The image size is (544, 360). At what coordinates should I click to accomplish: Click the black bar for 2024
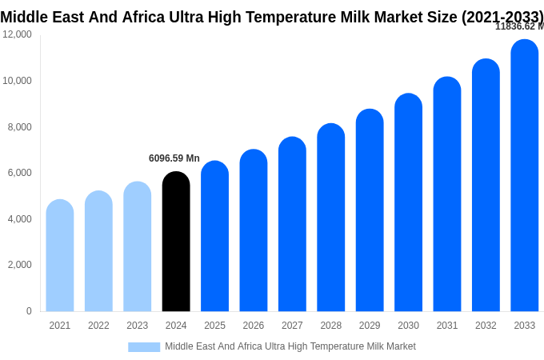click(x=176, y=242)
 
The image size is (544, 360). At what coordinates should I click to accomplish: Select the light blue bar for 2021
click(x=60, y=256)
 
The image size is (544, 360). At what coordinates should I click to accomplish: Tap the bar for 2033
click(x=525, y=176)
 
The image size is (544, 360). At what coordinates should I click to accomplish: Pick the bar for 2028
click(x=331, y=218)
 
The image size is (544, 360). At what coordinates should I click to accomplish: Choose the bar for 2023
click(x=138, y=246)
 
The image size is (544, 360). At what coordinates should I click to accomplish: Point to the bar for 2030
click(x=408, y=202)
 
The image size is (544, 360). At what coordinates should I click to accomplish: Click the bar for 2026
click(x=254, y=230)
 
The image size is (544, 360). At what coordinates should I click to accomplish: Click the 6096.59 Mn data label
click(x=174, y=158)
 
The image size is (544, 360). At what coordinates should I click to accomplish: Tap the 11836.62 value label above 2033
click(x=518, y=26)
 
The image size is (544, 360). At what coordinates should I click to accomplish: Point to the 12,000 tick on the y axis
click(x=17, y=34)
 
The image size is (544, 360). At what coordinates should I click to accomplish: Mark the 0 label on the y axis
click(x=29, y=311)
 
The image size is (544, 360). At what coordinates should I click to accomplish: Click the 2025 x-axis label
click(x=214, y=326)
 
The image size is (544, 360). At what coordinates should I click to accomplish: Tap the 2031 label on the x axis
click(x=447, y=326)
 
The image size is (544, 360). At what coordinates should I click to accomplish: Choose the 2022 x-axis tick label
click(x=98, y=326)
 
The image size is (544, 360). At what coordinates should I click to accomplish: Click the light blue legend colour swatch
click(x=144, y=347)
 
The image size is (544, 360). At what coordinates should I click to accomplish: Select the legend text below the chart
click(x=290, y=346)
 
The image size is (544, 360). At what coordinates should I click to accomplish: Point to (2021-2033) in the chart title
click(x=502, y=18)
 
